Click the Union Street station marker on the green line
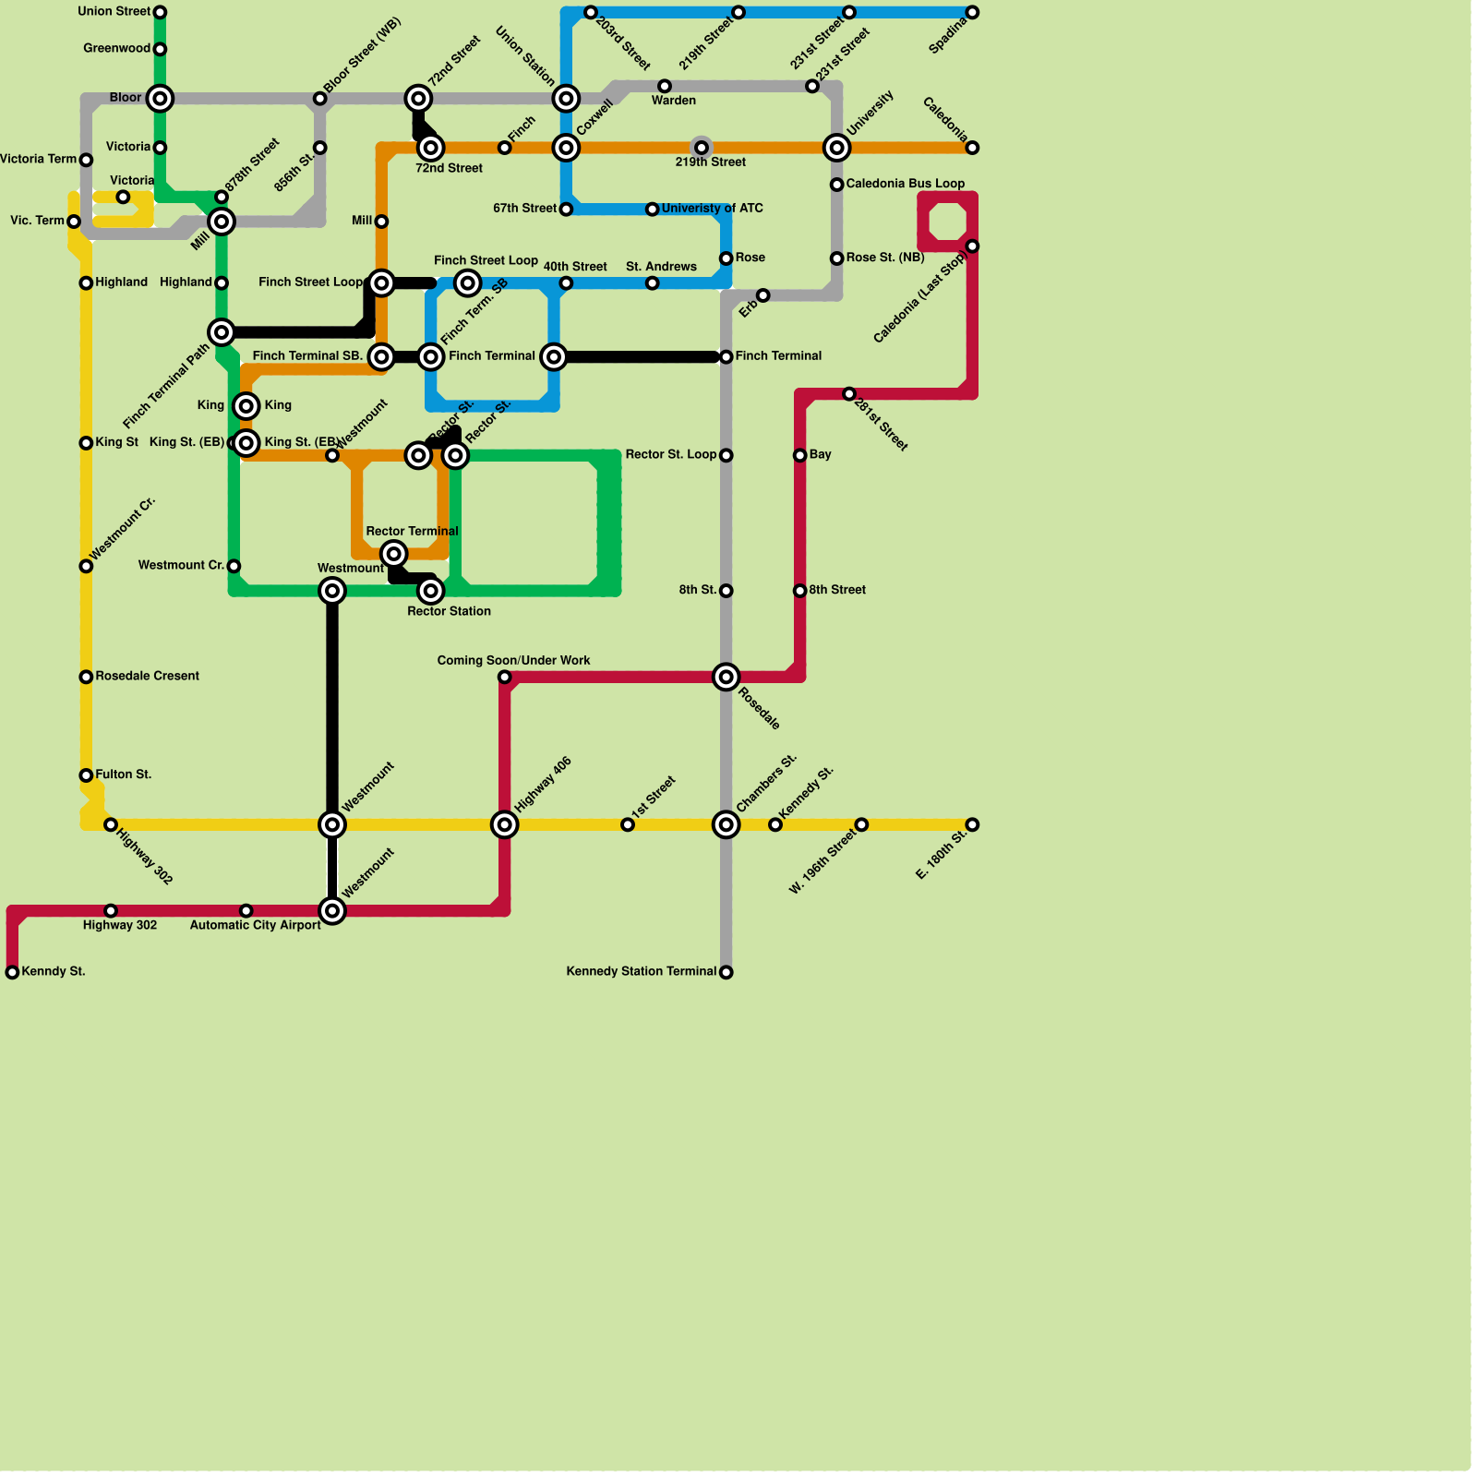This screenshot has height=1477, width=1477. (x=160, y=12)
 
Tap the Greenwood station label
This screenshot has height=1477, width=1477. (x=116, y=49)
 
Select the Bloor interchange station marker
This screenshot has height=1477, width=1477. (x=160, y=98)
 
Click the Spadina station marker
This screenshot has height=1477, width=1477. (x=972, y=12)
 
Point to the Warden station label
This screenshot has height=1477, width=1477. (x=674, y=101)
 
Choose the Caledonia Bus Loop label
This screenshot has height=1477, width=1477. (x=905, y=184)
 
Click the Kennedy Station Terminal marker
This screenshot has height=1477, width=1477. (x=726, y=972)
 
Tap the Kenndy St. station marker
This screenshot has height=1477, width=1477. (x=12, y=972)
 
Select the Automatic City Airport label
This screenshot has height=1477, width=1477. (x=255, y=925)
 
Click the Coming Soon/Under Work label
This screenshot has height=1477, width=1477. (x=513, y=661)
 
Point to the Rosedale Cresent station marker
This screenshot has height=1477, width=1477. (x=86, y=677)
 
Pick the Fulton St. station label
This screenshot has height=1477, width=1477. (x=123, y=775)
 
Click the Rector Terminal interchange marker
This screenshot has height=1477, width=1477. (x=394, y=554)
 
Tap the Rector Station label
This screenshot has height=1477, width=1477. (x=449, y=611)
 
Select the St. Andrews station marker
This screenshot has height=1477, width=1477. (x=652, y=283)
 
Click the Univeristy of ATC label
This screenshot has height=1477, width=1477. (x=712, y=209)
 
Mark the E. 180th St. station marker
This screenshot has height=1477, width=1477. (x=972, y=824)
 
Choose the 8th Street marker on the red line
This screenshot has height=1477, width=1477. (x=800, y=591)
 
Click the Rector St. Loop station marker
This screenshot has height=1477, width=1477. (x=726, y=455)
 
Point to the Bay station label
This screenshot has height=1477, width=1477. (x=820, y=454)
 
